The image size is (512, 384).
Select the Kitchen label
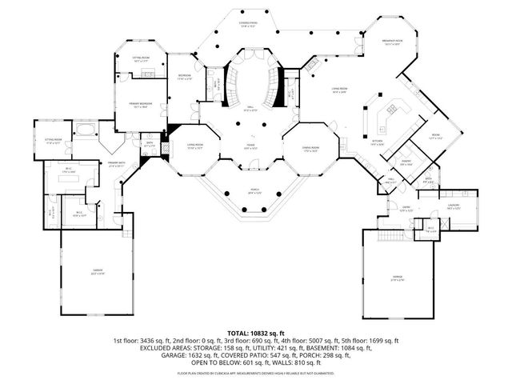pyautogui.click(x=377, y=141)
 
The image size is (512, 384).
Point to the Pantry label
pyautogui.click(x=406, y=164)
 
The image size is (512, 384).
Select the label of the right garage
pyautogui.click(x=397, y=278)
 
